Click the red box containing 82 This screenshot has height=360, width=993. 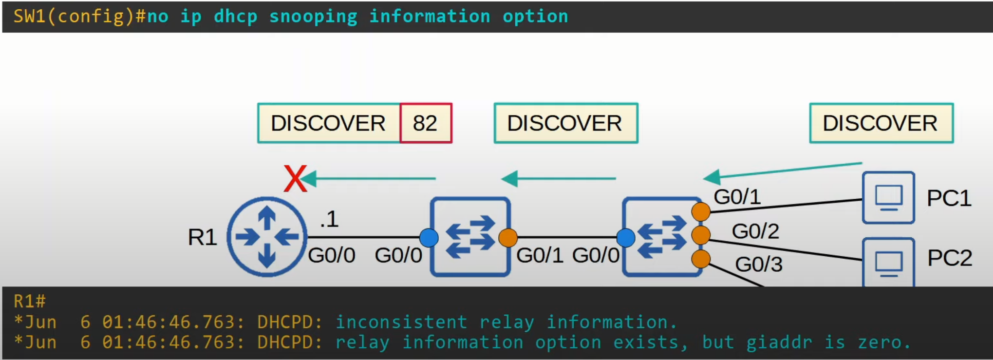pos(426,123)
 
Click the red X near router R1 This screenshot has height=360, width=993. pos(295,179)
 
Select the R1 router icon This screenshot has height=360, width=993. pos(267,237)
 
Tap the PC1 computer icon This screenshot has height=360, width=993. pos(888,197)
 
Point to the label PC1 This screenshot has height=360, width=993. pos(949,198)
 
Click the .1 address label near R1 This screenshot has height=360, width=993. pos(329,219)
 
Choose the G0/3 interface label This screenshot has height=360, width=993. pos(758,265)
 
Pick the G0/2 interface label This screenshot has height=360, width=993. pos(755,231)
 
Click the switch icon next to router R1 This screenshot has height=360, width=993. pos(470,237)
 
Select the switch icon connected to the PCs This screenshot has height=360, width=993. pos(661,237)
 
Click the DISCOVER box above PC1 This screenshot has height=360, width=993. pos(881,123)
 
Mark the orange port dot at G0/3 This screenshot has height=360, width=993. pos(701,259)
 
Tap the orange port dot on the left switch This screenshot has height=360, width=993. pos(508,238)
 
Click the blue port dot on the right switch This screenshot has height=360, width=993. pos(626,238)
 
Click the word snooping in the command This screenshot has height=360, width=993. pos(313,17)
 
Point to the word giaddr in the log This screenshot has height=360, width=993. pos(779,342)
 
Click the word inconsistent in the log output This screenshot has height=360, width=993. pos(401,322)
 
